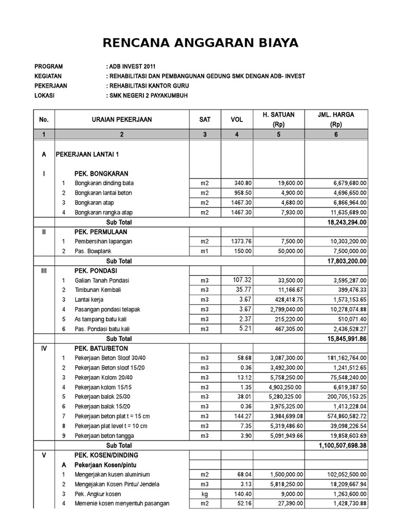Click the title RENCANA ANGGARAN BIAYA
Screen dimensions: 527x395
pyautogui.click(x=200, y=43)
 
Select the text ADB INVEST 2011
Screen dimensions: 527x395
pyautogui.click(x=130, y=66)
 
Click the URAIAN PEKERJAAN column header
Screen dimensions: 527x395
pyautogui.click(x=122, y=119)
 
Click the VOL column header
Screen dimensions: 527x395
pyautogui.click(x=237, y=119)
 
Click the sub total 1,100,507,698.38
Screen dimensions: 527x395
pyautogui.click(x=335, y=445)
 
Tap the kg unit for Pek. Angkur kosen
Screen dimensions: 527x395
pyautogui.click(x=205, y=494)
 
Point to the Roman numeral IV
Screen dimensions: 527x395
pyautogui.click(x=44, y=348)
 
